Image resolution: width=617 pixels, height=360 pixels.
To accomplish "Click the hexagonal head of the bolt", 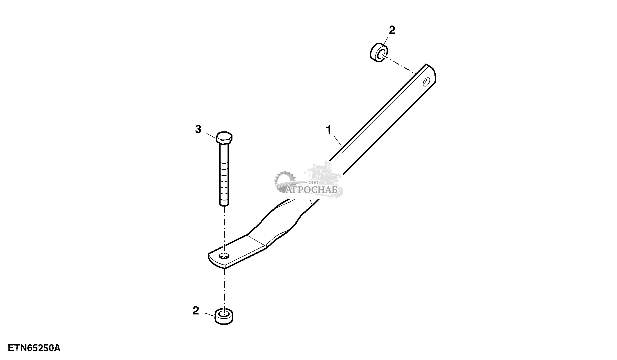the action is click(224, 138).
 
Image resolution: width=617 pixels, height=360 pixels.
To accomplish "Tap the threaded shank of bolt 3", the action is click(224, 180).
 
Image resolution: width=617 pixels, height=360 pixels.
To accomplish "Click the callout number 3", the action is click(198, 129).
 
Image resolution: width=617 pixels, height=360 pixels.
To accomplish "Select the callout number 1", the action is click(329, 130).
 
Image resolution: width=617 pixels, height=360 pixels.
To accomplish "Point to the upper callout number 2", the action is click(392, 30).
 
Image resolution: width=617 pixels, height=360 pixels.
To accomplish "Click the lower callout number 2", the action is click(196, 311).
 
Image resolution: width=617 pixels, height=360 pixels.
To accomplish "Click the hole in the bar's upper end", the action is click(426, 82).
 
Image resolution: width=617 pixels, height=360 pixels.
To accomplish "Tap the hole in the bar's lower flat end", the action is click(224, 256).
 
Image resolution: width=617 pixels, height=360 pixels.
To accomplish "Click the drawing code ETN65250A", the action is click(34, 348).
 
